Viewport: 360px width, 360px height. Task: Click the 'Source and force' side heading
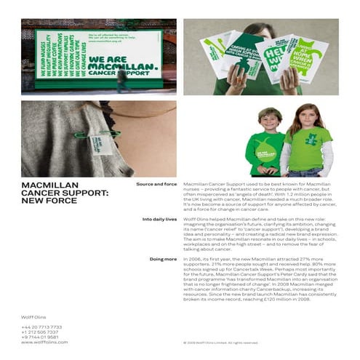click(156, 185)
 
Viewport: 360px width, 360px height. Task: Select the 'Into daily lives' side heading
click(159, 219)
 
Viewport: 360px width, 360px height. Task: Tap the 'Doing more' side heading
click(163, 258)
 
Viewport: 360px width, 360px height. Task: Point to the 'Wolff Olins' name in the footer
click(33, 316)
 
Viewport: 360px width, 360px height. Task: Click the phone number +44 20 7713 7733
click(41, 327)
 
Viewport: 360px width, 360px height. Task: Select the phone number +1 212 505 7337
click(40, 332)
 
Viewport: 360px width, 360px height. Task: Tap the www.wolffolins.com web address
click(44, 342)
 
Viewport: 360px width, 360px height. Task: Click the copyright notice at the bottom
click(221, 342)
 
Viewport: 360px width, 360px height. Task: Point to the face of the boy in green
click(269, 119)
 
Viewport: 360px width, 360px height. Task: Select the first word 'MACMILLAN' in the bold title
click(50, 185)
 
